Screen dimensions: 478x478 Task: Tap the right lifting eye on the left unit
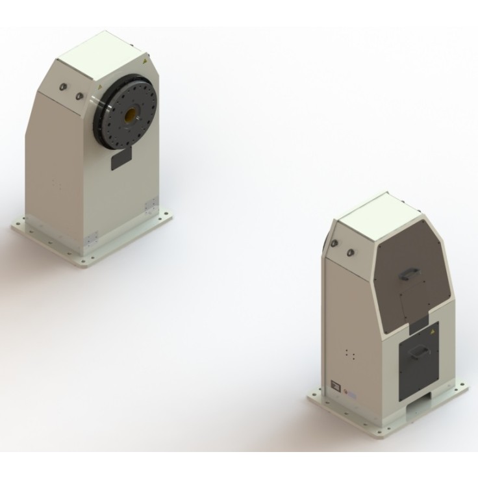[81, 97]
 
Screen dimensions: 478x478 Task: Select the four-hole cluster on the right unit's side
[351, 355]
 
